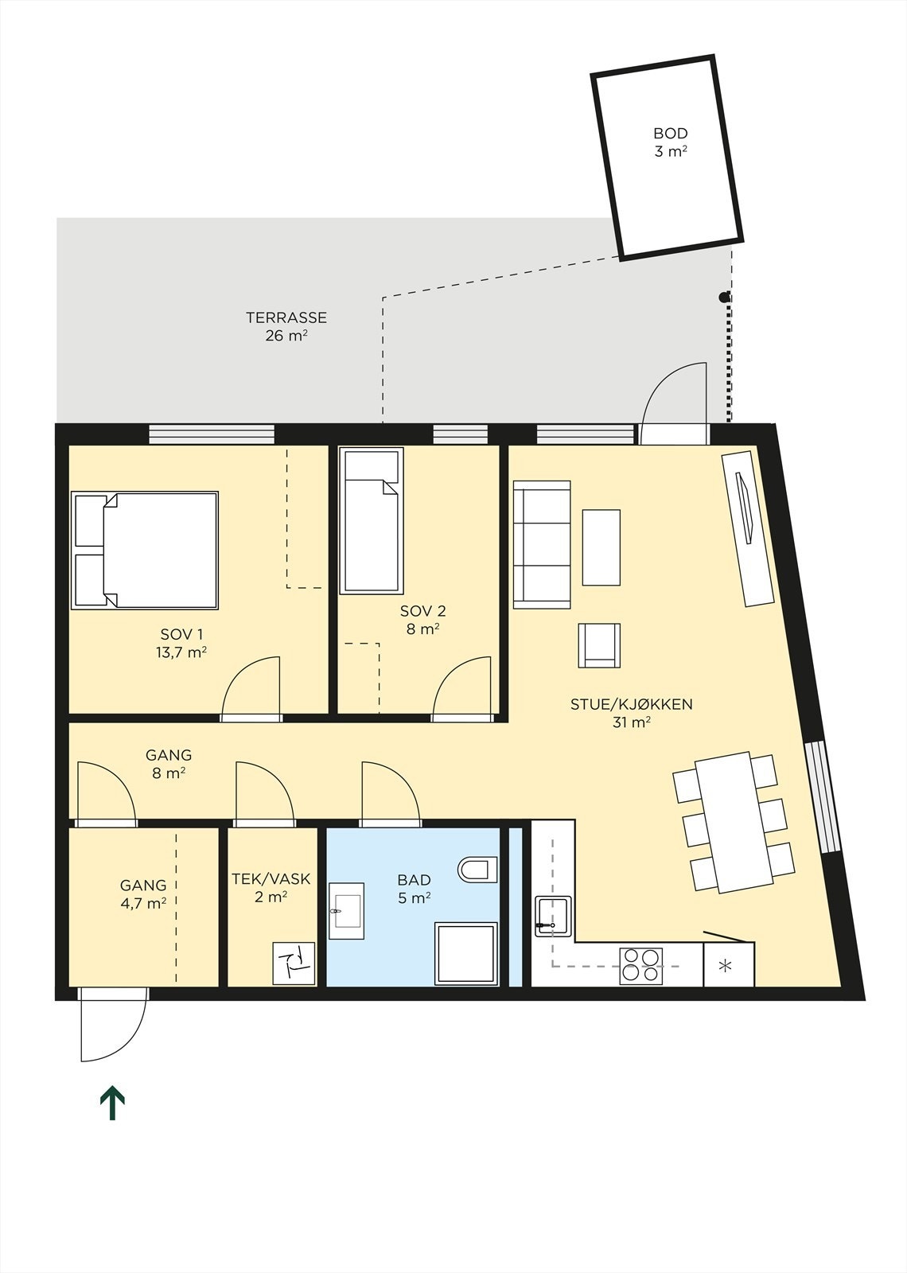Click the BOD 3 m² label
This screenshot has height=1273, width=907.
pyautogui.click(x=670, y=142)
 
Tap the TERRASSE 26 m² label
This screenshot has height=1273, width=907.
pyautogui.click(x=286, y=326)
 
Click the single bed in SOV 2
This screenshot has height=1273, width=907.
pyautogui.click(x=370, y=521)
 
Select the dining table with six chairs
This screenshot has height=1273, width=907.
pyautogui.click(x=734, y=822)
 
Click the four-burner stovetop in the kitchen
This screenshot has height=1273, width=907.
pyautogui.click(x=640, y=964)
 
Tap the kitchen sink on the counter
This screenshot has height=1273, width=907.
pyautogui.click(x=553, y=917)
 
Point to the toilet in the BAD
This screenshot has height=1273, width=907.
pyautogui.click(x=477, y=868)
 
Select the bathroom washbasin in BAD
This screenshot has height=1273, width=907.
pyautogui.click(x=345, y=910)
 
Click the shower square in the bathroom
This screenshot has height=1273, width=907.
pyautogui.click(x=466, y=953)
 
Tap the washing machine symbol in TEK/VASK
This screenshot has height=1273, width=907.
pyautogui.click(x=294, y=963)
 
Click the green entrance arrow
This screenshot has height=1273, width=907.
pyautogui.click(x=112, y=1102)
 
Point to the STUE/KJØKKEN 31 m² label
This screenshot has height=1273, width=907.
pyautogui.click(x=631, y=713)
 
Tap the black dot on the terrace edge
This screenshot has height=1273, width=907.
pyautogui.click(x=723, y=298)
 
